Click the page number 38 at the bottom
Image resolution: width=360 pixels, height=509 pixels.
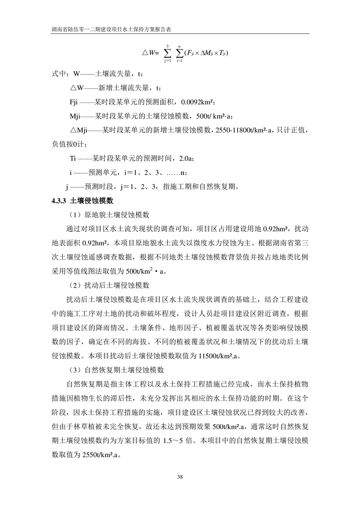click(180, 476)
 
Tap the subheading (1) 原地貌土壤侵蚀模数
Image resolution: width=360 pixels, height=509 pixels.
click(109, 214)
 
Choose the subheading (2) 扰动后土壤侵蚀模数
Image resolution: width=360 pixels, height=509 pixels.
click(109, 285)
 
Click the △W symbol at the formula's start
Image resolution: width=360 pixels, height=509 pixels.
click(150, 54)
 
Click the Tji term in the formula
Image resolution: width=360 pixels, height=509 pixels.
click(222, 54)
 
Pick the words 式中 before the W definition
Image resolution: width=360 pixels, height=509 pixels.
click(59, 73)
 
